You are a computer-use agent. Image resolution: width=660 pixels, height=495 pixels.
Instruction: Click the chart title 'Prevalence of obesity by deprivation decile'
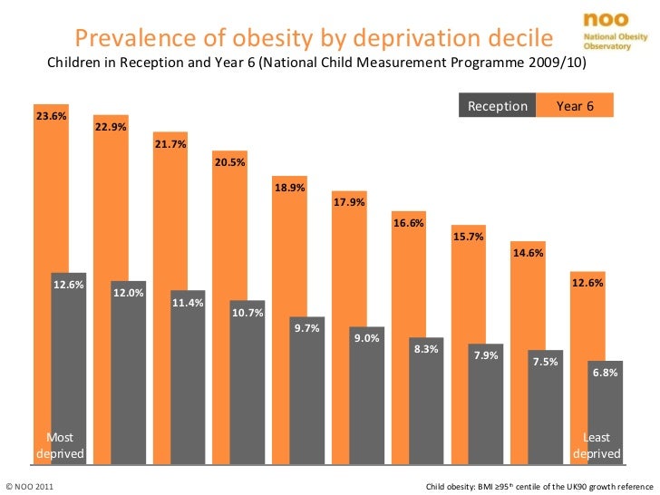[x=313, y=38]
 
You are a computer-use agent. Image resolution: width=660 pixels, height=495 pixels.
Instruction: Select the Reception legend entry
[x=497, y=106]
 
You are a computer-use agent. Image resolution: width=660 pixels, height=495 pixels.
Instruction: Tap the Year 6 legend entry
[x=575, y=106]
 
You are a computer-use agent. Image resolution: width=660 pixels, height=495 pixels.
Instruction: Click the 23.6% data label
[x=51, y=116]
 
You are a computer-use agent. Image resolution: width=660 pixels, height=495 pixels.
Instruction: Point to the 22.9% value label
[x=111, y=127]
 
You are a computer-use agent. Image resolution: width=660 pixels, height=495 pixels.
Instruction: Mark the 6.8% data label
[x=605, y=373]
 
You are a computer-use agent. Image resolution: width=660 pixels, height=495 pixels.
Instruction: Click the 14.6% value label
[x=528, y=253]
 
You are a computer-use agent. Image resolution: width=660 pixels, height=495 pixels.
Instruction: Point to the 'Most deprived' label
[x=60, y=445]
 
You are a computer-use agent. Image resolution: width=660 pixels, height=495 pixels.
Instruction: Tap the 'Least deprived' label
[x=597, y=445]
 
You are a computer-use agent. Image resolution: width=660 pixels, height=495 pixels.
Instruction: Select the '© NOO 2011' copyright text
[x=30, y=487]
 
